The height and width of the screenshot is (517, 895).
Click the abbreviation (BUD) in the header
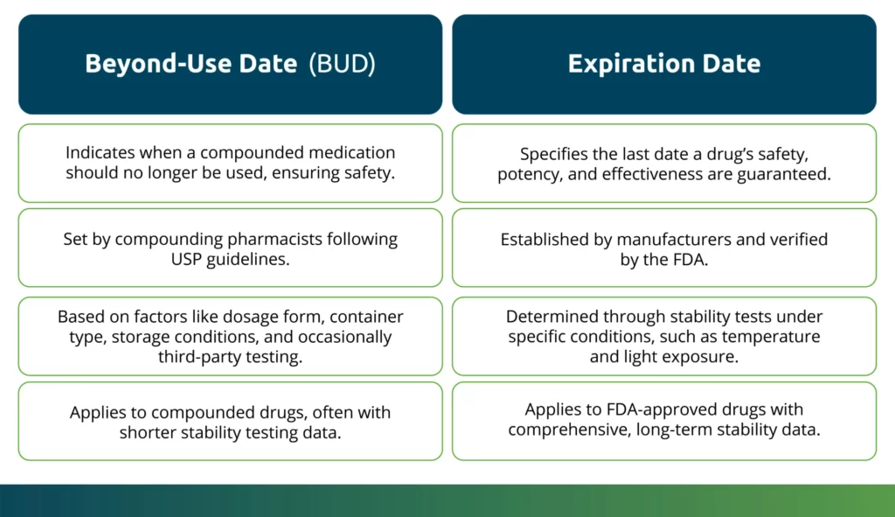coord(342,63)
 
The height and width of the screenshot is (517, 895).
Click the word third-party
coord(199,357)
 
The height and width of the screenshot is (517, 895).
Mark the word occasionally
coord(344,337)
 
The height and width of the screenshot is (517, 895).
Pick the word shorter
coord(148,432)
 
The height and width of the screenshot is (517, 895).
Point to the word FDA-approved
coord(662,409)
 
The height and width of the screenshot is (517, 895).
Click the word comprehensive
coord(570,430)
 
